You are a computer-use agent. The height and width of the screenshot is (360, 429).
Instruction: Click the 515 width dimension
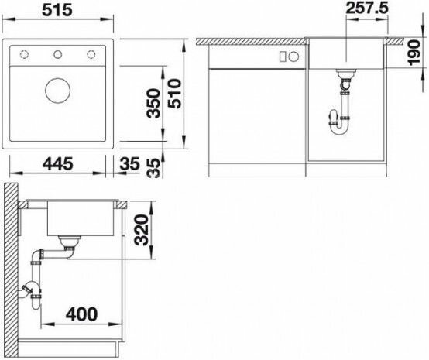click(x=57, y=10)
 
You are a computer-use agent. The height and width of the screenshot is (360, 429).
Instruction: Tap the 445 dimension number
click(x=58, y=164)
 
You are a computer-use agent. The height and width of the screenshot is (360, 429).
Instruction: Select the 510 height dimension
click(x=175, y=94)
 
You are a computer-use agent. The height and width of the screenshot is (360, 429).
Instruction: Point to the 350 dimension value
click(x=153, y=103)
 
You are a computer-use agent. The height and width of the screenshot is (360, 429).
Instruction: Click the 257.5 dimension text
click(x=367, y=8)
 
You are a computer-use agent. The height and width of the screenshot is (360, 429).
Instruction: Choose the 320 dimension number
click(x=142, y=229)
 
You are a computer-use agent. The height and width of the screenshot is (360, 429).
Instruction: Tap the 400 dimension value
click(x=81, y=314)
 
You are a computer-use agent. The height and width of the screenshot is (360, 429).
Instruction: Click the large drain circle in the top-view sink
click(x=58, y=91)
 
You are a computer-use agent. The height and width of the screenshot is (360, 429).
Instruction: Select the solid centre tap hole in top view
click(x=58, y=54)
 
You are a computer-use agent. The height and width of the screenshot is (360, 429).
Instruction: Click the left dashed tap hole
click(x=24, y=54)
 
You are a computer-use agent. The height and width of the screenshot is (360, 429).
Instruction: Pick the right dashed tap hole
click(x=91, y=54)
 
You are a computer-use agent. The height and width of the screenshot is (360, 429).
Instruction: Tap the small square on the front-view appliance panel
click(x=283, y=57)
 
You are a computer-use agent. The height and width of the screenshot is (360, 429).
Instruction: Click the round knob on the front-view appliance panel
click(x=293, y=57)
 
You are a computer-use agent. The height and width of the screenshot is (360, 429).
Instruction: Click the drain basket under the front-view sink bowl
click(x=346, y=73)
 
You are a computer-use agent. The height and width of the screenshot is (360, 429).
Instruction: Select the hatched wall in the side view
click(x=11, y=270)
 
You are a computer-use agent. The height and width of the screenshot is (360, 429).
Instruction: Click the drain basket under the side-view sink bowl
click(x=70, y=241)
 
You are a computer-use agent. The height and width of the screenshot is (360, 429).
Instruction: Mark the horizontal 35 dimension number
click(x=129, y=164)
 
